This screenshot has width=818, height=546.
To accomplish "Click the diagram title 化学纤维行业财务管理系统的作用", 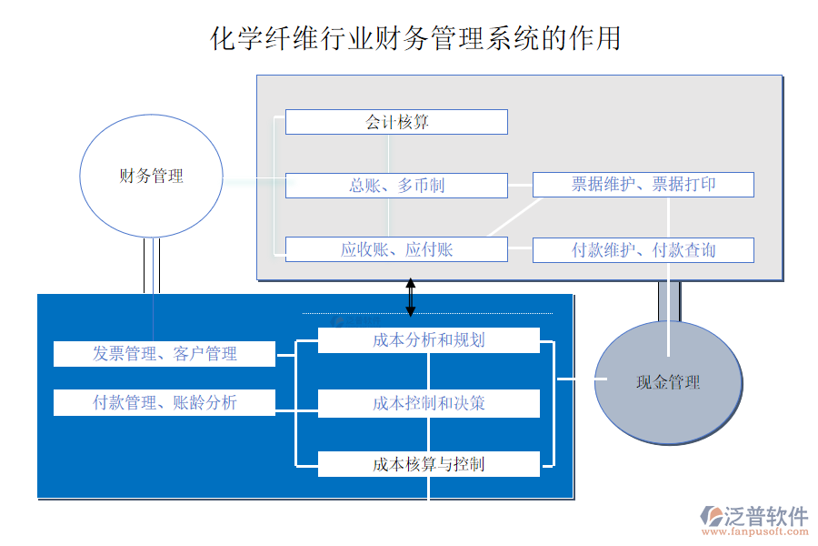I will click(415, 38).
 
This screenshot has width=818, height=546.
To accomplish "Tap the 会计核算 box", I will click(396, 122).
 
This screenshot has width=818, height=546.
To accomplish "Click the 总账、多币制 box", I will click(396, 186).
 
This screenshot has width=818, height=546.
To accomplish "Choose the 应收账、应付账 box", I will click(396, 249).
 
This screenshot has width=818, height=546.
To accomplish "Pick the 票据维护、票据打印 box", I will click(643, 185).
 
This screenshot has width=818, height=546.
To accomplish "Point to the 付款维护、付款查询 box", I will click(643, 249).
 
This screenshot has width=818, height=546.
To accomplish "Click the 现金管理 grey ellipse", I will click(668, 382).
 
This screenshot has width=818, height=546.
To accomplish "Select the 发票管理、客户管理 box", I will click(165, 354).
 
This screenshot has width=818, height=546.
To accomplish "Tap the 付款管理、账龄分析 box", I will click(165, 402).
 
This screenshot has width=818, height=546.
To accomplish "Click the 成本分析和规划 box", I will click(428, 340).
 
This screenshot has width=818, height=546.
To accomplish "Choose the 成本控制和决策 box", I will click(428, 403).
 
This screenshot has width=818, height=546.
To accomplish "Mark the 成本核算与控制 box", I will click(428, 464).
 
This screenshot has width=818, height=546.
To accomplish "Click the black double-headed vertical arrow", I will click(410, 297).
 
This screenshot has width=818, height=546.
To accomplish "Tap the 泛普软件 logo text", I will click(766, 517).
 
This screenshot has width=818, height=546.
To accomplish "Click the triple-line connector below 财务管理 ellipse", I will click(152, 266).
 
